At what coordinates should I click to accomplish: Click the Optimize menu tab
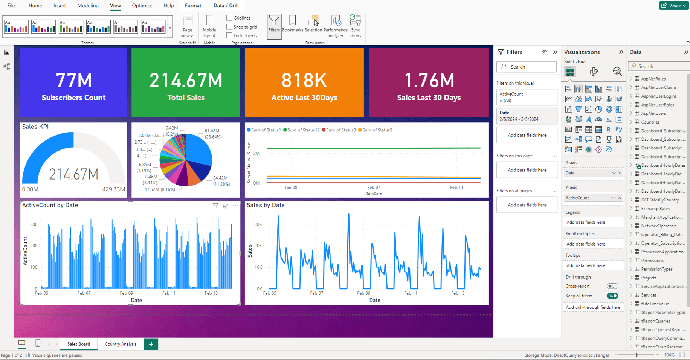(142, 6)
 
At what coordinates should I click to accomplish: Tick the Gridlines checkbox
(229, 18)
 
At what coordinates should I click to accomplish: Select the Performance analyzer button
(335, 26)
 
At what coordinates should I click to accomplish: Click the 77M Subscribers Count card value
(73, 80)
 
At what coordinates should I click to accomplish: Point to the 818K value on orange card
(304, 80)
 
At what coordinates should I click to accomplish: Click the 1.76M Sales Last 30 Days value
(429, 80)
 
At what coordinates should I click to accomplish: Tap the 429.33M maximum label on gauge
(113, 189)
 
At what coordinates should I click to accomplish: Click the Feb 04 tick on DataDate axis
(374, 187)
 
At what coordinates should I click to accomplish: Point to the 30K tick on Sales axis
(258, 224)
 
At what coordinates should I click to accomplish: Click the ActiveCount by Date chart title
(50, 205)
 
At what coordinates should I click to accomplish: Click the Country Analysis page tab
(121, 344)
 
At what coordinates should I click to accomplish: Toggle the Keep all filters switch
(612, 296)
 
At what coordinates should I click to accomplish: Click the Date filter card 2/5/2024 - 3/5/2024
(527, 116)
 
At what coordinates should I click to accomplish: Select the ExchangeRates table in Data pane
(655, 209)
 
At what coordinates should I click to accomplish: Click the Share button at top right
(674, 6)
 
